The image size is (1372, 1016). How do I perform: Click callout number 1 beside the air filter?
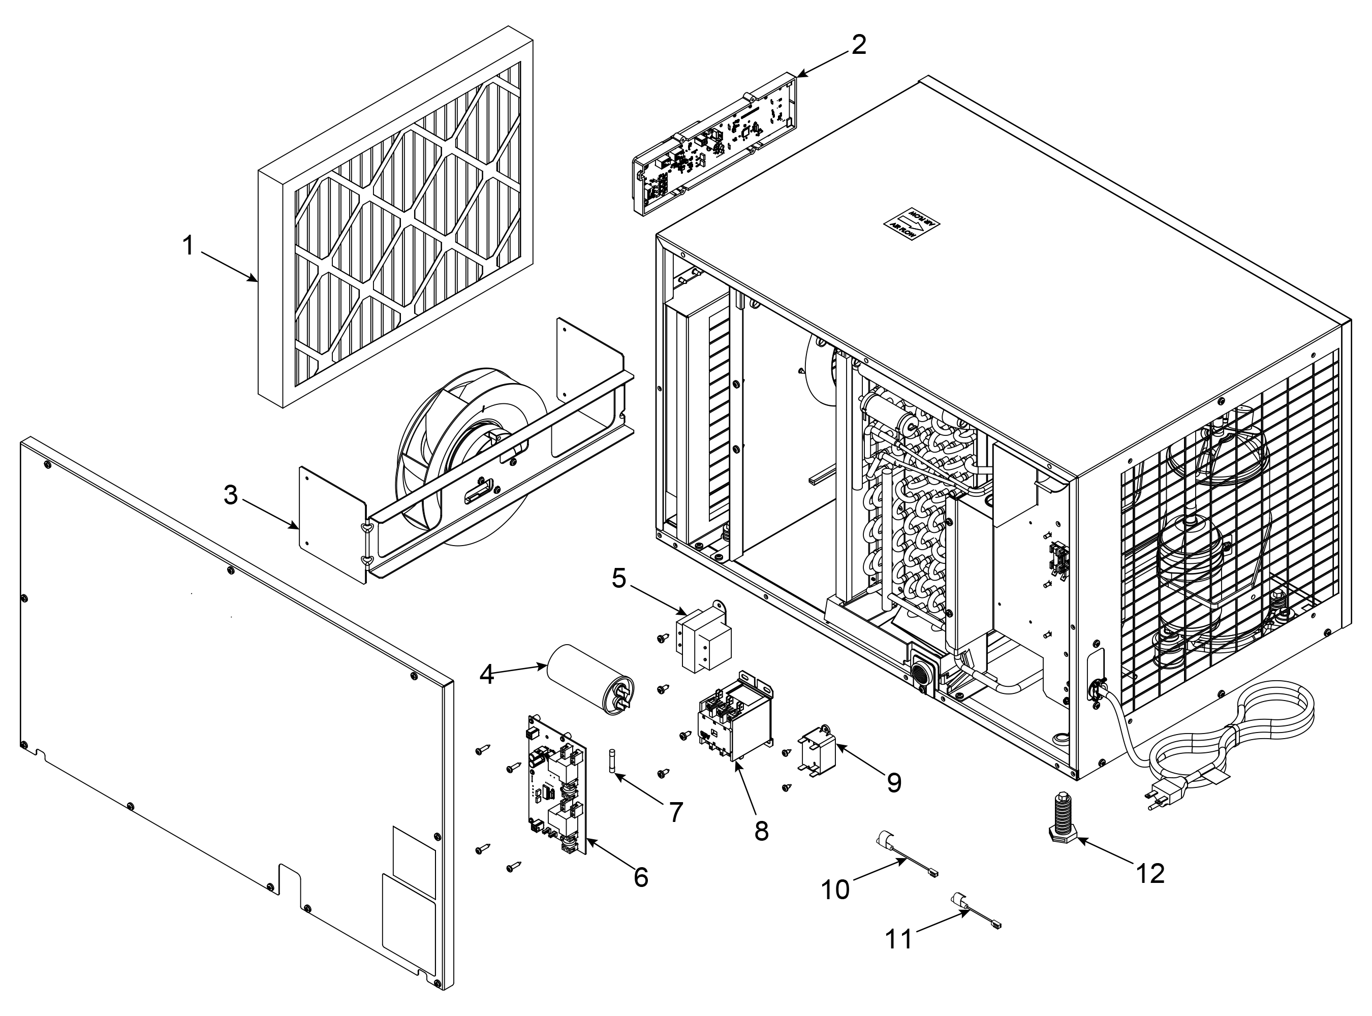[x=188, y=246]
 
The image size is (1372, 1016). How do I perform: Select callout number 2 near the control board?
[x=858, y=44]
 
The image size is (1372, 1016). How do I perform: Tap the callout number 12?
[x=1150, y=873]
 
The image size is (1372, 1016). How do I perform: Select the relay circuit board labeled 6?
[x=557, y=785]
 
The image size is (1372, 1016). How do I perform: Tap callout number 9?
[x=894, y=782]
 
